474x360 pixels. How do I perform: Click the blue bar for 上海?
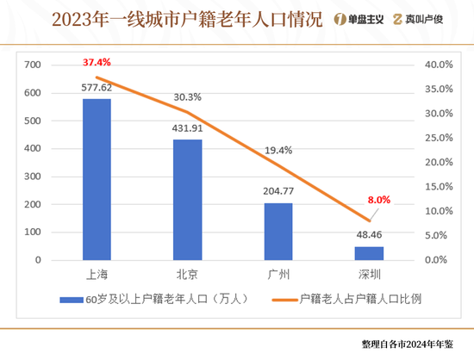97,179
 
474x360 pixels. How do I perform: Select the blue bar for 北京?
188,199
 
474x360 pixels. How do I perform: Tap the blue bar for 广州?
278,231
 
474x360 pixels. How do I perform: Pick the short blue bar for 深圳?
369,252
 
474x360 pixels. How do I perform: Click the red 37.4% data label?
97,64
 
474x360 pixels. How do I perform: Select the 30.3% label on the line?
188,97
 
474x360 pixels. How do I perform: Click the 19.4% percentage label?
278,150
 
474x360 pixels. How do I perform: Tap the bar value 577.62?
97,87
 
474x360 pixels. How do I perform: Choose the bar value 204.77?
278,191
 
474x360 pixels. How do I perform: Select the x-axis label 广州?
278,275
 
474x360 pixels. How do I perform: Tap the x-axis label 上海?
97,275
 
